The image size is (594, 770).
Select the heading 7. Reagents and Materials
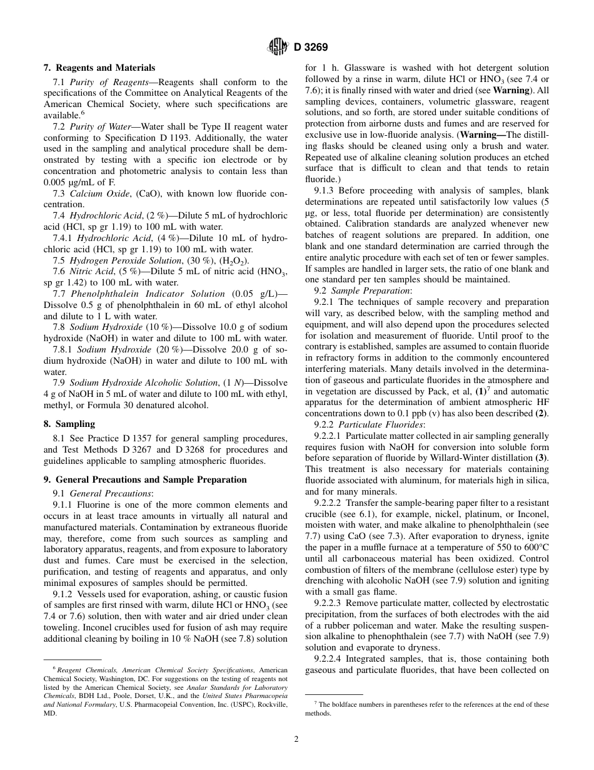click(99, 68)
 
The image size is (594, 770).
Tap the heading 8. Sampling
click(69, 424)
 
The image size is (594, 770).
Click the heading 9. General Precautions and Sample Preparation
click(145, 480)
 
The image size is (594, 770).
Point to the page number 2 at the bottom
click(296, 739)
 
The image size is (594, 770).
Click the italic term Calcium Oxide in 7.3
click(94, 193)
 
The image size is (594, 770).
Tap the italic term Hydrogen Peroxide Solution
click(123, 260)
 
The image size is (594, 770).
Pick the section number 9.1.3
click(325, 190)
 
